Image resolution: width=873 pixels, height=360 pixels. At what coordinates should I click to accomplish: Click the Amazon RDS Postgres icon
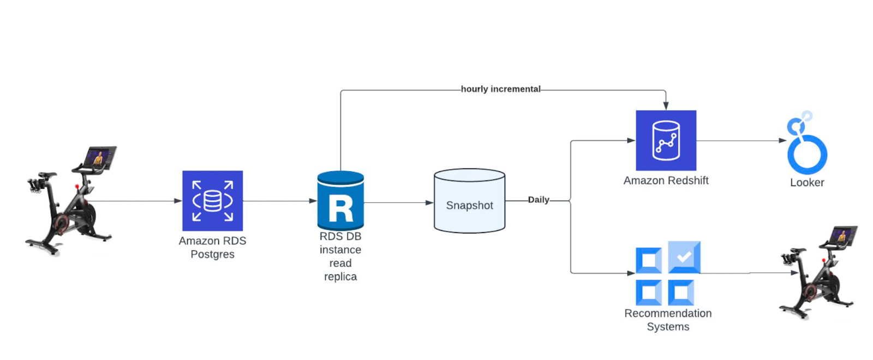pos(212,201)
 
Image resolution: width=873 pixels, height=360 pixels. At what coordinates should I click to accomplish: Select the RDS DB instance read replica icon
pos(340,201)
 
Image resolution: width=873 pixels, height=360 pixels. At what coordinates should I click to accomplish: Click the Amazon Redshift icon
pos(666,140)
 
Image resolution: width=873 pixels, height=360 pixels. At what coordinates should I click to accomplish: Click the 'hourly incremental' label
pos(500,89)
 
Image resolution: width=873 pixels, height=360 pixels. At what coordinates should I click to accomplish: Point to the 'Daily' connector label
pos(539,200)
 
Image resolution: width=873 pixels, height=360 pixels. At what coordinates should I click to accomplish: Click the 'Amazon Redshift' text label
pos(666,181)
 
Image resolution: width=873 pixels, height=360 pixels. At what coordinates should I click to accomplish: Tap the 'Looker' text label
pos(807,183)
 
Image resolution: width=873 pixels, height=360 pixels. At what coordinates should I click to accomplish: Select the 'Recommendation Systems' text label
pos(668,320)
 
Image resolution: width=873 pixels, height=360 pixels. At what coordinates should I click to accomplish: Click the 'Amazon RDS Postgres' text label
pos(212,248)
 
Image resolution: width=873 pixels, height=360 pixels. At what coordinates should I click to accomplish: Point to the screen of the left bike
pos(99,157)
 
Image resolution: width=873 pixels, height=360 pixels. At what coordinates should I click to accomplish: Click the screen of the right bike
pos(842,236)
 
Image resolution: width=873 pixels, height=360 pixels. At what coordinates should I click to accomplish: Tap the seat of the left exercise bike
pos(47,176)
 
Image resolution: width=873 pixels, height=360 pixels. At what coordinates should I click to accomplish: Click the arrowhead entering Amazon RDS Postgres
pos(178,201)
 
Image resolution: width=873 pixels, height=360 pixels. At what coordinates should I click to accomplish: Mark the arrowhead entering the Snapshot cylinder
pos(429,203)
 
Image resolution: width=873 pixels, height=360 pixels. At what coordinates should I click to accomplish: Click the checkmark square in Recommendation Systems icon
pos(684,257)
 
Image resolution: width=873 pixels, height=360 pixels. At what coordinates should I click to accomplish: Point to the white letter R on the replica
pos(340,208)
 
